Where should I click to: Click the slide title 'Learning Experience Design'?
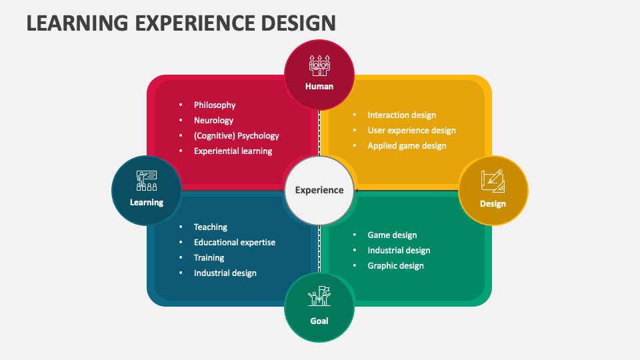pos(181,22)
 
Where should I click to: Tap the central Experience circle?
pos(319,190)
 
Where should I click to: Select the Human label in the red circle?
pos(319,86)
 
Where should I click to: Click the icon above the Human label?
pos(319,65)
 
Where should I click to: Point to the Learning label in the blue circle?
pos(147,202)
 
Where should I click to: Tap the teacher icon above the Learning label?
pos(147,181)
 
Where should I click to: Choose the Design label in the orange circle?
pos(493,203)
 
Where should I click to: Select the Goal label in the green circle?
pos(319,321)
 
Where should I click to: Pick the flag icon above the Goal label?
pos(319,297)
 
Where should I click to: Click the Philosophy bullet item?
pos(215,105)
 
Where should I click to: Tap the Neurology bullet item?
pos(213,120)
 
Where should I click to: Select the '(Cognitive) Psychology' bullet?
pos(236,135)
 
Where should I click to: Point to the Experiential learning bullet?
pos(233,151)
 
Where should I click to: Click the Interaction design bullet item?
pos(401,115)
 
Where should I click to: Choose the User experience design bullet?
pos(411,130)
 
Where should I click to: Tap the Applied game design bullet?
pos(407,145)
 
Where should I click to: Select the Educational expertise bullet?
pos(234,242)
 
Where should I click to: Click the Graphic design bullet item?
pos(395,265)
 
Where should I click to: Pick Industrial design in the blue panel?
pos(225,273)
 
